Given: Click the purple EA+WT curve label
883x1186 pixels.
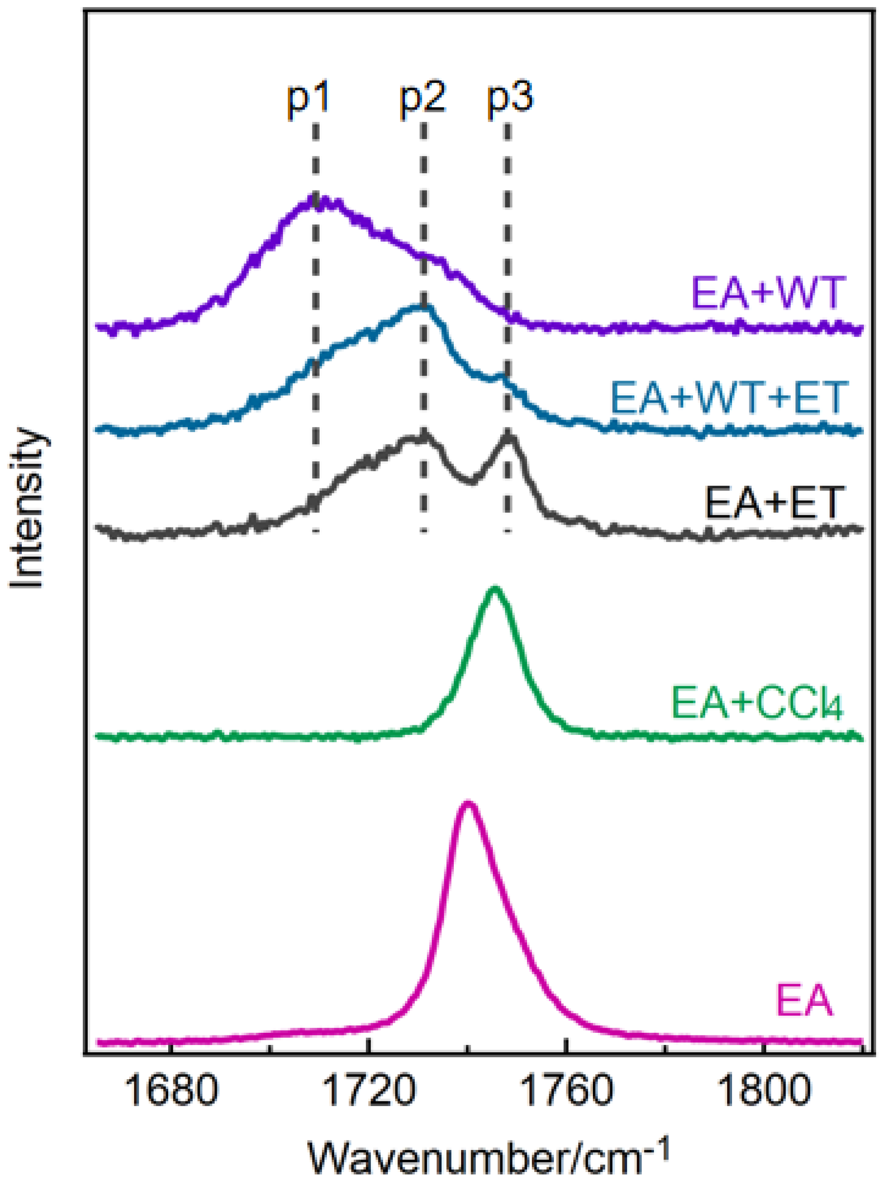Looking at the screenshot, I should coord(768,293).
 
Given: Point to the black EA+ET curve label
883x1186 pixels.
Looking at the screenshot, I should coord(774,503).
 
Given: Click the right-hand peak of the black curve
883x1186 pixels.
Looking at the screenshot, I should coord(509,437).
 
